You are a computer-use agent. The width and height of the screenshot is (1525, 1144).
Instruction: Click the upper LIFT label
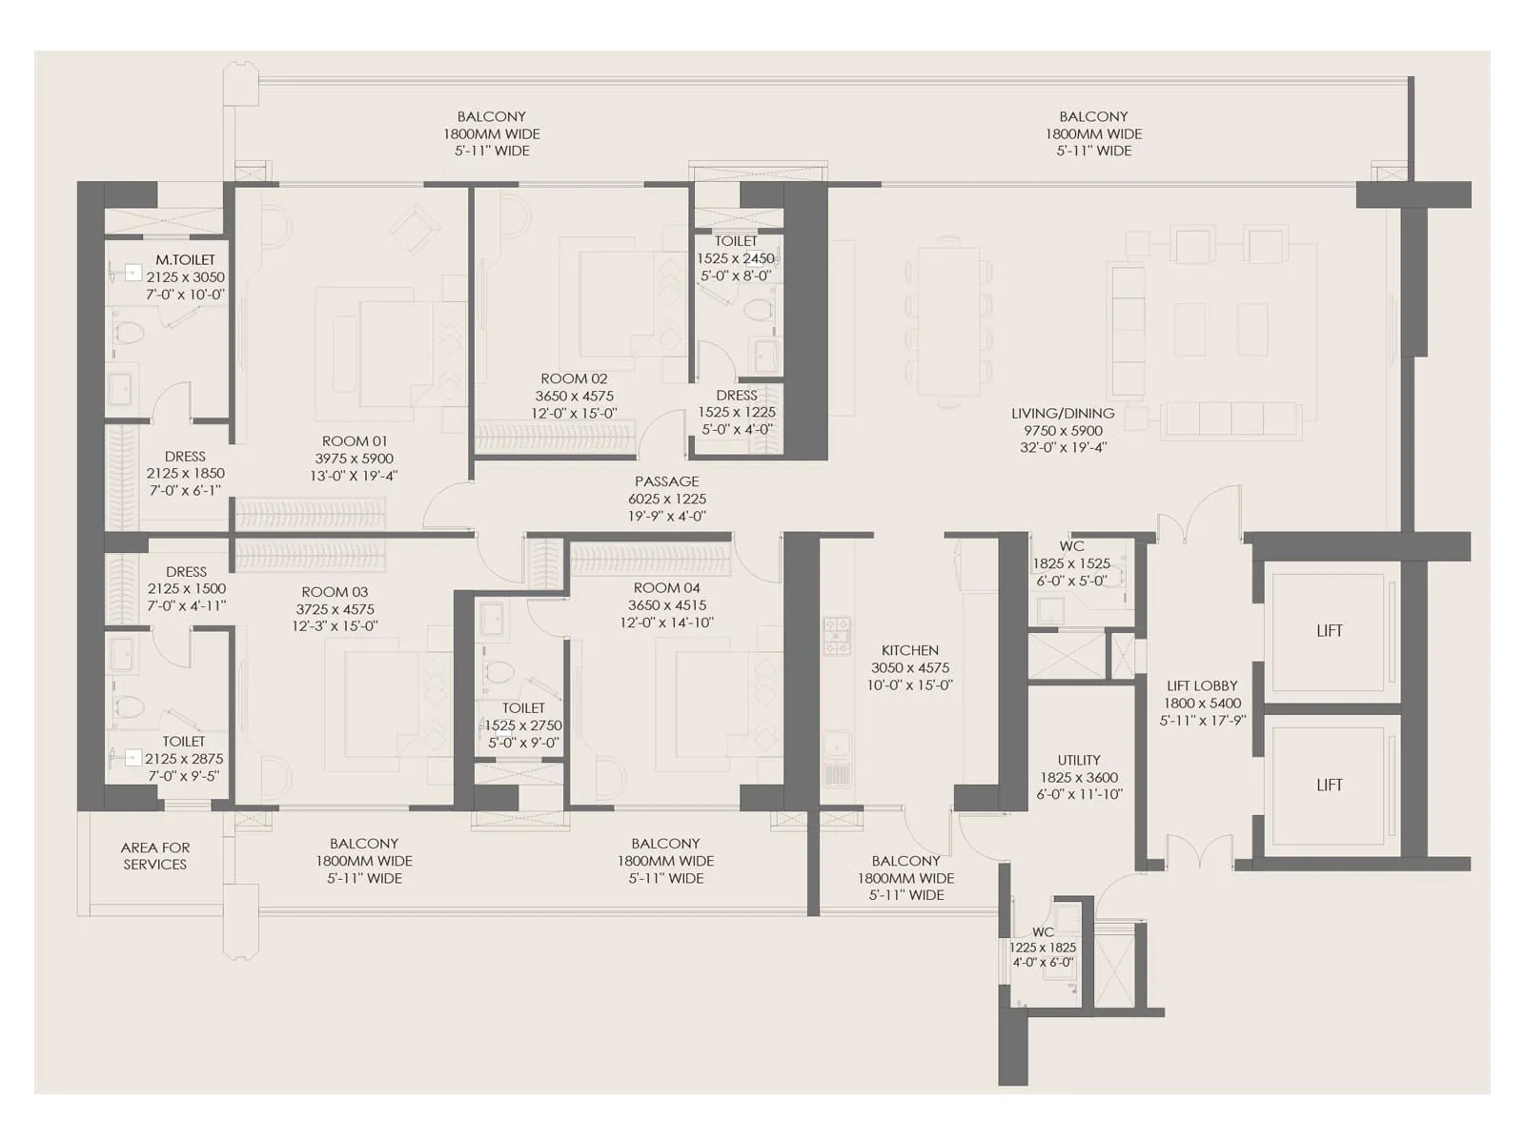click(x=1329, y=631)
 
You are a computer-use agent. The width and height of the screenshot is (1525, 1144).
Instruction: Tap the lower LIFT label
click(x=1329, y=786)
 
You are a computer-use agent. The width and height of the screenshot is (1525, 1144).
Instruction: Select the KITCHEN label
click(x=909, y=650)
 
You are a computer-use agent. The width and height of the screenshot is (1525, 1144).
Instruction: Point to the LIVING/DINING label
click(x=1063, y=414)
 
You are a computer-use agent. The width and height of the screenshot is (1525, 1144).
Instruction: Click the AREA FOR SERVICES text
click(x=154, y=856)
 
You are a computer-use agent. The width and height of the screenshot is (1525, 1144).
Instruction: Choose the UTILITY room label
click(x=1079, y=760)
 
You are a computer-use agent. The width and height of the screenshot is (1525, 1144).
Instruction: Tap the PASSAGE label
click(x=667, y=481)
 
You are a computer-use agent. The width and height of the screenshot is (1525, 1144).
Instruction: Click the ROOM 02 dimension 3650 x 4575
click(x=574, y=397)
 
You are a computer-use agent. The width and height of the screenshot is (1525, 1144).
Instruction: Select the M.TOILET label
click(x=186, y=259)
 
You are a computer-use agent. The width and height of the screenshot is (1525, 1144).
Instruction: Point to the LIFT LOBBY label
click(x=1202, y=685)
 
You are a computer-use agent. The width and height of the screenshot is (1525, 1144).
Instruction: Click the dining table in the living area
click(x=948, y=322)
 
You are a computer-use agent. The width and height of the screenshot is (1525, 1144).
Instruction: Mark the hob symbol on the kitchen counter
click(x=837, y=636)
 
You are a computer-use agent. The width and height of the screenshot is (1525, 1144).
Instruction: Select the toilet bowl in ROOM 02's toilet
click(x=759, y=311)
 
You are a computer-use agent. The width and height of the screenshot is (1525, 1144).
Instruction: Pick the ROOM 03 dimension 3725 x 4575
click(x=335, y=609)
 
